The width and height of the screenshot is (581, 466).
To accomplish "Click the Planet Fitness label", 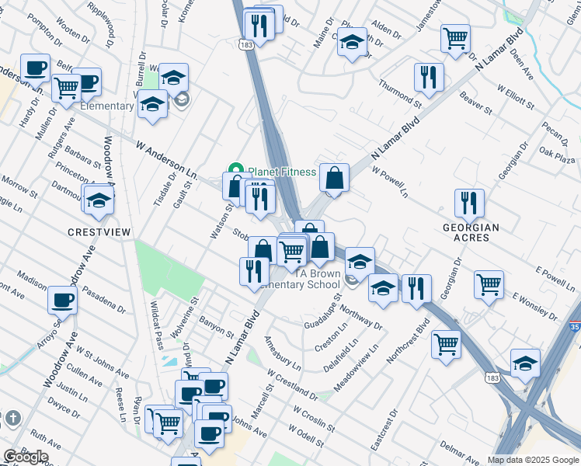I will tap(282, 172).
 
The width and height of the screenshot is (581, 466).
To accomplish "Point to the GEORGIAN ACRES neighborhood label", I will tap(471, 232).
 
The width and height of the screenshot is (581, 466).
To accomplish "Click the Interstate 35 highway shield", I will tap(576, 330).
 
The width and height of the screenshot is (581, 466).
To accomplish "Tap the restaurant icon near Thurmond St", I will tap(429, 77).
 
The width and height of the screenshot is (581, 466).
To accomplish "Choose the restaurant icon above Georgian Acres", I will tap(469, 203).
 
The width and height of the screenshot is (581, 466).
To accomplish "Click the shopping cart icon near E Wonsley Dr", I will tap(489, 284).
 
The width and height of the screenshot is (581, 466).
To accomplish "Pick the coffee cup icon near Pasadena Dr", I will tap(62, 299).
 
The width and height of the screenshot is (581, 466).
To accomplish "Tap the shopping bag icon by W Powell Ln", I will tap(333, 178).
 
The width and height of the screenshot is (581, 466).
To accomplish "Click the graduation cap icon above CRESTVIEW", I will tap(99, 200).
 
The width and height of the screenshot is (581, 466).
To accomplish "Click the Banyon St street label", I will tap(217, 326).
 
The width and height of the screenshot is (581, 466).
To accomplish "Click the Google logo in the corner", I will tap(25, 457).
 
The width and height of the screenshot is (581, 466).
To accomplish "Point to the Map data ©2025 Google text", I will tap(533, 460).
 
